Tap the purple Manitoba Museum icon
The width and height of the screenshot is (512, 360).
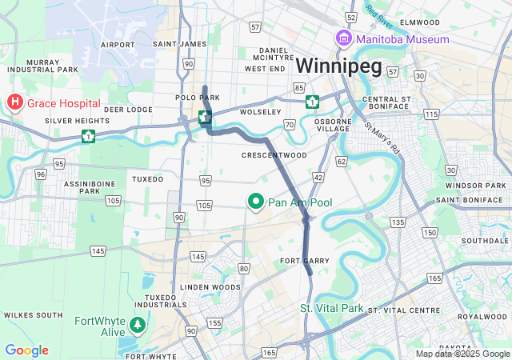(343, 38)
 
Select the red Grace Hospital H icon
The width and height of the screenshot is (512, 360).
(14, 102)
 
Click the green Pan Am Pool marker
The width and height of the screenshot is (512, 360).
(256, 202)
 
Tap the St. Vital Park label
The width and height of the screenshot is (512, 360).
(331, 308)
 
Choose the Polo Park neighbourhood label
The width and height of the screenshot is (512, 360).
(197, 98)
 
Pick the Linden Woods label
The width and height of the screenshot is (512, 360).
(210, 286)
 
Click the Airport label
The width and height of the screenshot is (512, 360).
(118, 45)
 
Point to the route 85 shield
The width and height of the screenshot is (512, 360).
(298, 87)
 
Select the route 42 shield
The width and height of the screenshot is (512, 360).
(318, 177)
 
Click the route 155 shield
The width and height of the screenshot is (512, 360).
(214, 322)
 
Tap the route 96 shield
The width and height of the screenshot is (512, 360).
(40, 174)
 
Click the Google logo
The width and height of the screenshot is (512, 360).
(26, 350)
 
